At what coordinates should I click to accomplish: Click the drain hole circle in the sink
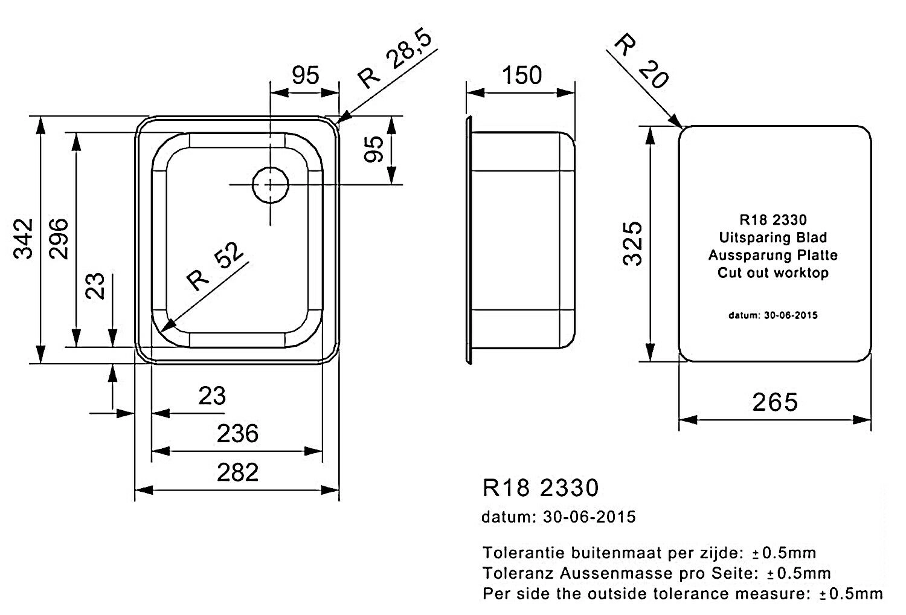[270, 185]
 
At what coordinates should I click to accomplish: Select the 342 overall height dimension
[23, 239]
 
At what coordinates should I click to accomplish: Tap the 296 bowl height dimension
[58, 239]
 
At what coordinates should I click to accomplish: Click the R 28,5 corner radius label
[395, 58]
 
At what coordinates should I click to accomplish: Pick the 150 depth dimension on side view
[521, 76]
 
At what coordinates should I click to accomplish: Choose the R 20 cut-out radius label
[641, 61]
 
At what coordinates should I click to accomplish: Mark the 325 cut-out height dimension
[632, 243]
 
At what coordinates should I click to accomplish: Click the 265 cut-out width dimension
[775, 402]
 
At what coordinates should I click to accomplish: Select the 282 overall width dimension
[237, 472]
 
